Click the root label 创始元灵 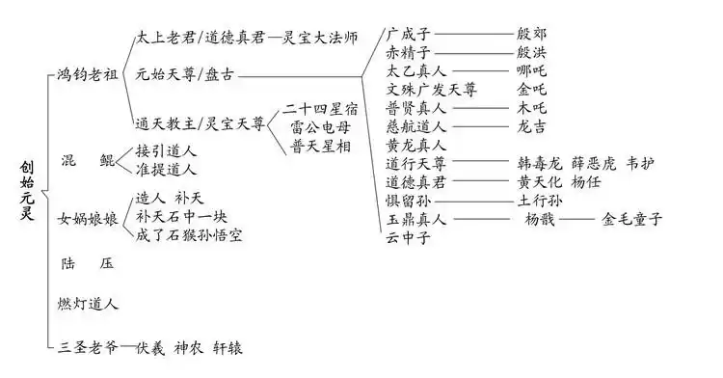click(27, 190)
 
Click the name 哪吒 click(534, 71)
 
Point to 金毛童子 click(634, 219)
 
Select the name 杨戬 click(541, 219)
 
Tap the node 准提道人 click(167, 170)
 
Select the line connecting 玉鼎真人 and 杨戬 click(482, 220)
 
